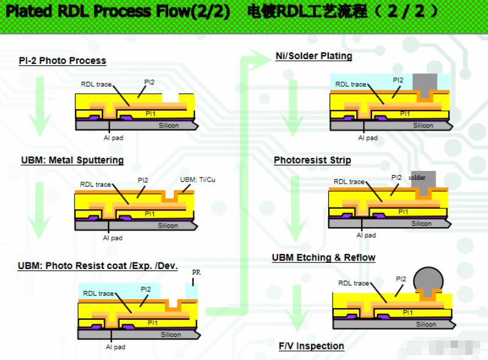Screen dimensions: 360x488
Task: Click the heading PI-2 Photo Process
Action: tap(62, 61)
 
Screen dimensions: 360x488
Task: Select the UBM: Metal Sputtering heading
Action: tap(72, 160)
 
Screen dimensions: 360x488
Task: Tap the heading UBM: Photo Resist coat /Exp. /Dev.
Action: tap(98, 266)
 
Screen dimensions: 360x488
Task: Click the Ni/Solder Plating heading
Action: tap(314, 56)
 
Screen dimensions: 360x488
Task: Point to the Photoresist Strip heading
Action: tap(312, 160)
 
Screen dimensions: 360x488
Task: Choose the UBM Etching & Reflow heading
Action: tap(323, 257)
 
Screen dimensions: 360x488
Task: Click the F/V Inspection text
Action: tap(311, 346)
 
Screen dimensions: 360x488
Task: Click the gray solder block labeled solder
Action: tap(423, 179)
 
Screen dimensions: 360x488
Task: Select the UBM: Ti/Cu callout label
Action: tap(198, 179)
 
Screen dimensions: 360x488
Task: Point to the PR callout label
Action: tap(196, 272)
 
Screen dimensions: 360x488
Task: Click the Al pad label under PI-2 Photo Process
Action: tap(113, 138)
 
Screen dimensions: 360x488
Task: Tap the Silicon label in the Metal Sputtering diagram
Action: tap(168, 225)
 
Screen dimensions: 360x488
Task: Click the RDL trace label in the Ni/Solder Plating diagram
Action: tap(351, 84)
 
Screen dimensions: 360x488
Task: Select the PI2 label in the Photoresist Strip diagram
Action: tap(396, 178)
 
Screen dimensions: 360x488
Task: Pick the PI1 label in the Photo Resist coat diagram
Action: tap(152, 323)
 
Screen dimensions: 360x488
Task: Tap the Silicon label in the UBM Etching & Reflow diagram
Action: tap(426, 324)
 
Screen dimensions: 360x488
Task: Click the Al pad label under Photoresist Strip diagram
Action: tap(366, 235)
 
